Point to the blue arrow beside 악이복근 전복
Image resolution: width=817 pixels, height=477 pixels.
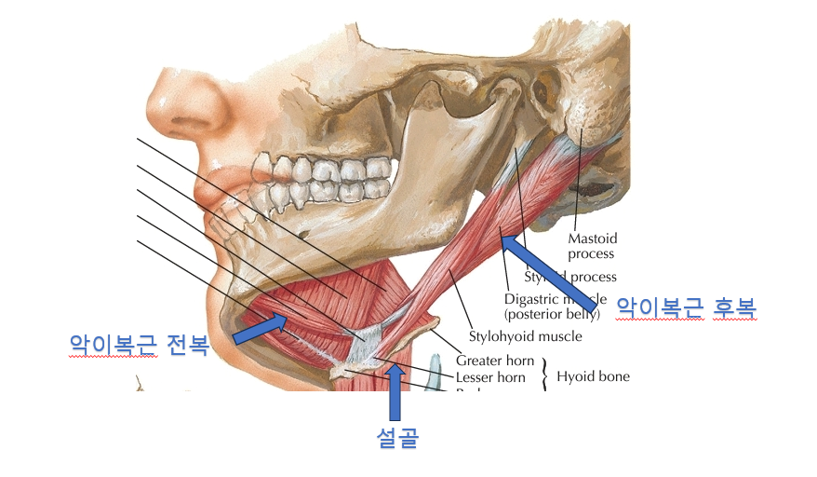[260, 328]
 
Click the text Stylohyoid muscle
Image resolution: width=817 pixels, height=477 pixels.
[525, 336]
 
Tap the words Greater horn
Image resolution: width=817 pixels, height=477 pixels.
[495, 361]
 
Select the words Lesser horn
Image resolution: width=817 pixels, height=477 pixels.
[490, 377]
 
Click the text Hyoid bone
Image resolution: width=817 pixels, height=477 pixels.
[593, 376]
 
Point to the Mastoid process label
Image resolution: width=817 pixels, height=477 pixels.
[591, 246]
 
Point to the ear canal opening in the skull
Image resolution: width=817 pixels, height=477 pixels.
[542, 90]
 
